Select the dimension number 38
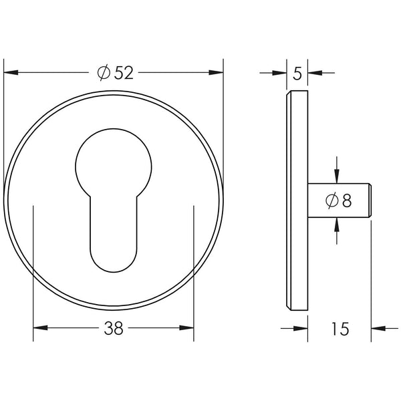pos(114,328)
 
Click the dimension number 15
pos(340,328)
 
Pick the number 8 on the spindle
pos(346,200)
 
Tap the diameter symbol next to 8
pos(331,200)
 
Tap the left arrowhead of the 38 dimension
pos(39,328)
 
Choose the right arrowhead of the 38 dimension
pos(188,328)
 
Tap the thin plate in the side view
pos(297,200)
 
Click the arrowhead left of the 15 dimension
pos(301,328)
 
